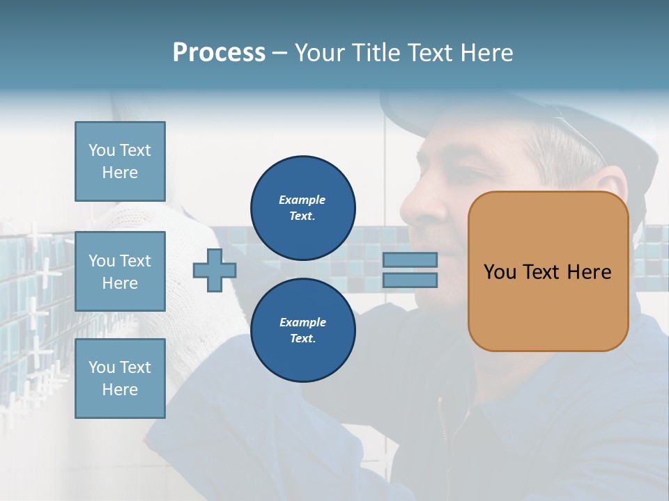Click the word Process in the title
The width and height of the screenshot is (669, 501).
[219, 53]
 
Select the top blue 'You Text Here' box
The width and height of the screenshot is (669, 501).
[120, 161]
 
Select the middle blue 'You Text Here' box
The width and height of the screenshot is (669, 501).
[120, 271]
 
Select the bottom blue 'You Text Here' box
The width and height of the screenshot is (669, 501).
[120, 379]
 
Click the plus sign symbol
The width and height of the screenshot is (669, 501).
[215, 270]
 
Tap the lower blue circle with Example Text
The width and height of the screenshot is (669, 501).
[302, 330]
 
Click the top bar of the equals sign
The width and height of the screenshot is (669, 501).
[410, 260]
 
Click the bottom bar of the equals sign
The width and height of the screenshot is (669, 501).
[410, 280]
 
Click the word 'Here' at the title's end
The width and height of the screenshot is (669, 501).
[486, 53]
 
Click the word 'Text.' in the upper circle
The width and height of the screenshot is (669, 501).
[302, 216]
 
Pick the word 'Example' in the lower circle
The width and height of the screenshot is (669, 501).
[302, 322]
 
